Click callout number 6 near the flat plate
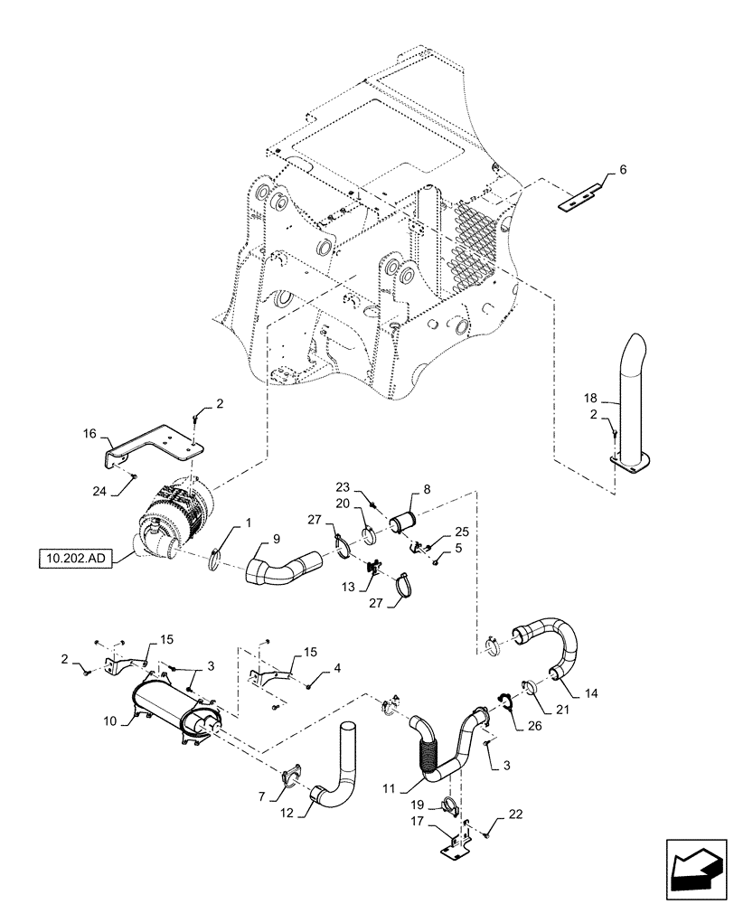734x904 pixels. coord(623,170)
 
